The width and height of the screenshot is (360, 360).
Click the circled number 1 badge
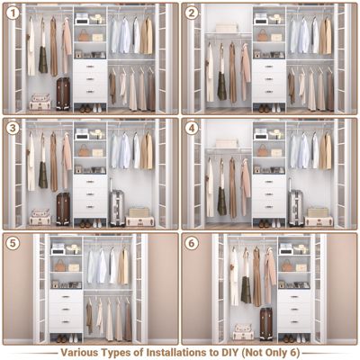click(12, 13)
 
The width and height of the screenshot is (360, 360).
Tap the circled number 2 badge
click(192, 13)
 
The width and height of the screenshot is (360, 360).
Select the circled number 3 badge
click(12, 128)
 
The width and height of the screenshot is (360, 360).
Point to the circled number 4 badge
click(192, 128)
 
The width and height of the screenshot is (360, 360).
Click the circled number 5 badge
click(12, 243)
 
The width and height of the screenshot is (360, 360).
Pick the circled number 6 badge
click(192, 243)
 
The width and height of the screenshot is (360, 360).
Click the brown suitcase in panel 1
click(63, 93)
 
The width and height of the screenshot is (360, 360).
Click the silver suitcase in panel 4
click(296, 207)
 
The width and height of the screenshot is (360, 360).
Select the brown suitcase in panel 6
click(266, 322)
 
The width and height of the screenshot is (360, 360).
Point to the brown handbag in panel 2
click(263, 36)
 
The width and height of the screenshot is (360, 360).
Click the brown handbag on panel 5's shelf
click(60, 266)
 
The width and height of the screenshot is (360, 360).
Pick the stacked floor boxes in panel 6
click(243, 331)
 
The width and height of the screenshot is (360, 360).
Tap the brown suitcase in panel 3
click(63, 208)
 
